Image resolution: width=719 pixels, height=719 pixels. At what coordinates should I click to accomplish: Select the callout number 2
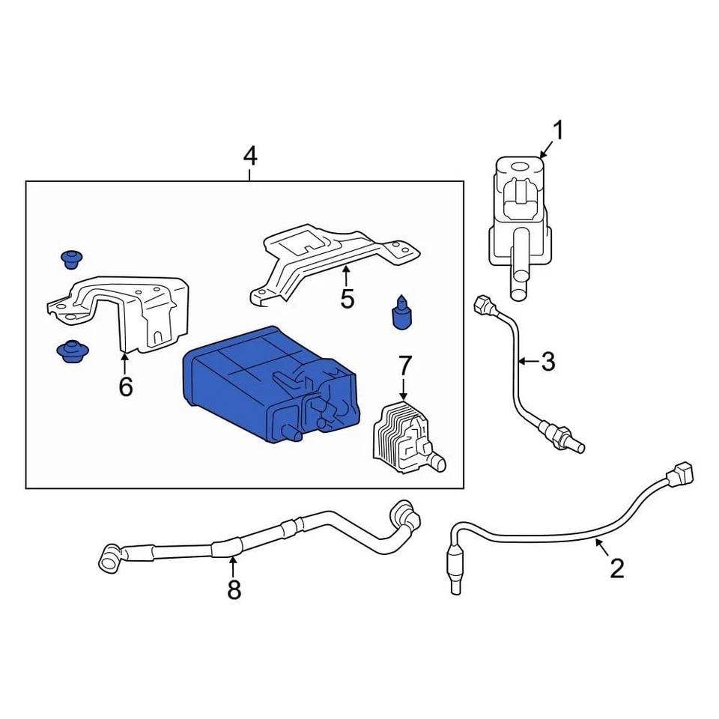616,568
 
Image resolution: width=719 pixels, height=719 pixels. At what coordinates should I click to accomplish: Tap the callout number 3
548,362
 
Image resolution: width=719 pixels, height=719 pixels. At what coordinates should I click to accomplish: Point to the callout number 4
249,157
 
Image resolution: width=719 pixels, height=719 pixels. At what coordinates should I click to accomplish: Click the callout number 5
347,299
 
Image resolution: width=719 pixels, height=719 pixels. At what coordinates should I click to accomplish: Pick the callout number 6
125,386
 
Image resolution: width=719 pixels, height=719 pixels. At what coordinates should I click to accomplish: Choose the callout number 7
404,366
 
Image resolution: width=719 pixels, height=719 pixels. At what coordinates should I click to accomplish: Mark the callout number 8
234,590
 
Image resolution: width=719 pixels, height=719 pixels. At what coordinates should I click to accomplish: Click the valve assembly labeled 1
522,217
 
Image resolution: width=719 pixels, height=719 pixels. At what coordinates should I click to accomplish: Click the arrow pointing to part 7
404,389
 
